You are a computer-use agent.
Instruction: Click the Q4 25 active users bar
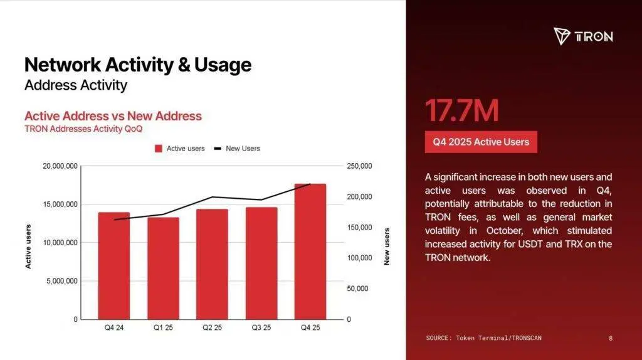(310, 251)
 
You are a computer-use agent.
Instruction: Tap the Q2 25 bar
(212, 263)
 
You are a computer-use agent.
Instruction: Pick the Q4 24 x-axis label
(114, 328)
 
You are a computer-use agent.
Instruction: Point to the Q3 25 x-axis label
(261, 328)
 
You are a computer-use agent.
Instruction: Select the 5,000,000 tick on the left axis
(61, 281)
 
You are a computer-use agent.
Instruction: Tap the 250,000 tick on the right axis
(359, 166)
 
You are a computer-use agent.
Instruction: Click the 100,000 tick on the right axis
(359, 258)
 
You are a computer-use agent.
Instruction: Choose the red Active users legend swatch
(159, 149)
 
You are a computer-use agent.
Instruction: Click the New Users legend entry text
(243, 149)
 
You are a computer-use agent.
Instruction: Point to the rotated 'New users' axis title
(387, 246)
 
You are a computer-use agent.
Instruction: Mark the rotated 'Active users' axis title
(28, 246)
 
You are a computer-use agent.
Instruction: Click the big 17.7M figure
(461, 111)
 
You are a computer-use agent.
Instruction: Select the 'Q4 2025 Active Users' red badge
(481, 142)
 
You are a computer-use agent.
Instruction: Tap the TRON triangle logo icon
(561, 36)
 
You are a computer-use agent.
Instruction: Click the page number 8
(611, 338)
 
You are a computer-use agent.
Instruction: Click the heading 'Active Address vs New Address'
(113, 116)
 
